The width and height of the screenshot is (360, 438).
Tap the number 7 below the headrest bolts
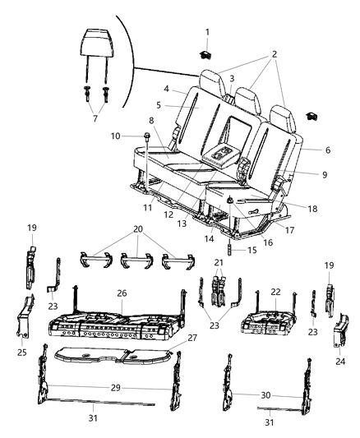click(x=95, y=118)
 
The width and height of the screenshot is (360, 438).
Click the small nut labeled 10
click(x=146, y=136)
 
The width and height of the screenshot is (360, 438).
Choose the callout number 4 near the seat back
click(x=165, y=89)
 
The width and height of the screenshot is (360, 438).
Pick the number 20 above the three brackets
click(x=137, y=229)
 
